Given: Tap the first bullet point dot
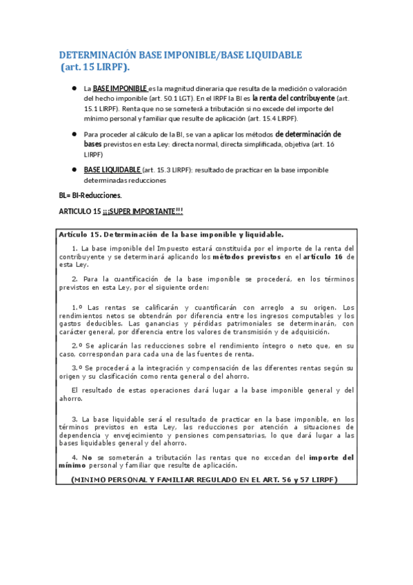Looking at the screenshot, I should coord(73,88).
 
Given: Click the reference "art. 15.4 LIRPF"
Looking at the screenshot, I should coord(256,119).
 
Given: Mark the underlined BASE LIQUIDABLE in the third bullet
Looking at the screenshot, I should coord(112,170).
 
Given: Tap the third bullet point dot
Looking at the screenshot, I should coord(73,169).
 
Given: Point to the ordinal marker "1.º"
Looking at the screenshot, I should coord(77,308).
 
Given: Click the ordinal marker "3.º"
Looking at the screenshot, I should coord(77,368).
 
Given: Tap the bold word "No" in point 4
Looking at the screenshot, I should coord(86,457).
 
